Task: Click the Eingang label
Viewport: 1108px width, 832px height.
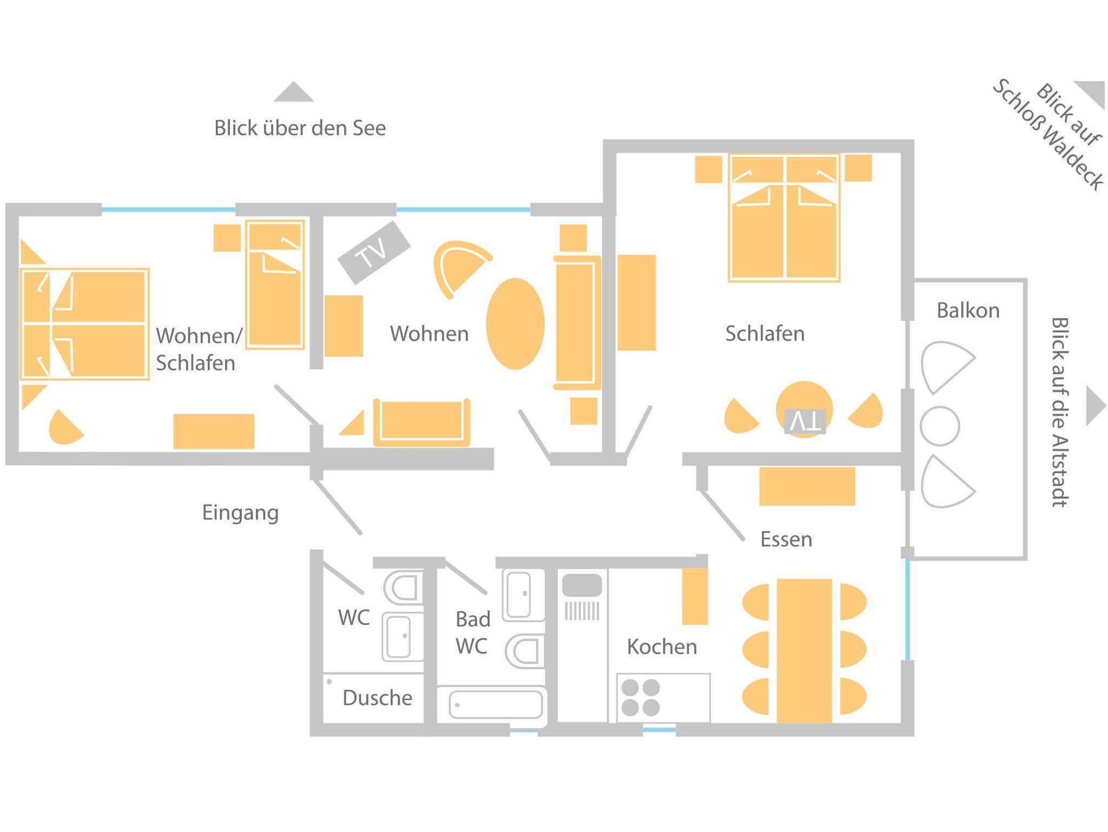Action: coord(240,512)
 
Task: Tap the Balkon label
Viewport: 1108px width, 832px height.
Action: coord(968,311)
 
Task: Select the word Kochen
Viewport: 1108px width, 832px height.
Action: coord(662,646)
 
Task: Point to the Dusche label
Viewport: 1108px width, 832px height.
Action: coord(377,698)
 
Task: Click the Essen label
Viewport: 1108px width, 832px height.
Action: coord(786,539)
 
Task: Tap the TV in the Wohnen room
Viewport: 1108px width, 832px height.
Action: coord(374,252)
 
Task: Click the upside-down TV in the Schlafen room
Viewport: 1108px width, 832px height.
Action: coord(805,421)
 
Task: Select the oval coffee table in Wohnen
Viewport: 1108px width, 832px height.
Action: coord(515,323)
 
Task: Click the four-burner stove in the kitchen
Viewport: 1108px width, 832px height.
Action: coord(641,697)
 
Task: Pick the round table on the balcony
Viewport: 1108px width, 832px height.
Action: coord(940,426)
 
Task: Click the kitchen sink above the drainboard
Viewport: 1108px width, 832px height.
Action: coord(582,585)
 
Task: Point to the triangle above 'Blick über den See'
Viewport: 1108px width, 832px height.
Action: coord(293,93)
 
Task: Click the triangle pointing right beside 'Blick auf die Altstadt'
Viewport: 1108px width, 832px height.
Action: coord(1096,406)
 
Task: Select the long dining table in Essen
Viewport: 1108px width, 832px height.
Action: coord(804,650)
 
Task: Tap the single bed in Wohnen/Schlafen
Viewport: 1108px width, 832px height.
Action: coord(275,284)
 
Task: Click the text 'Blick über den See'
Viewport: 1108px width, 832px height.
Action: coord(300,128)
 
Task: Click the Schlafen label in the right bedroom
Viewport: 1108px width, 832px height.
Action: coord(765,334)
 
